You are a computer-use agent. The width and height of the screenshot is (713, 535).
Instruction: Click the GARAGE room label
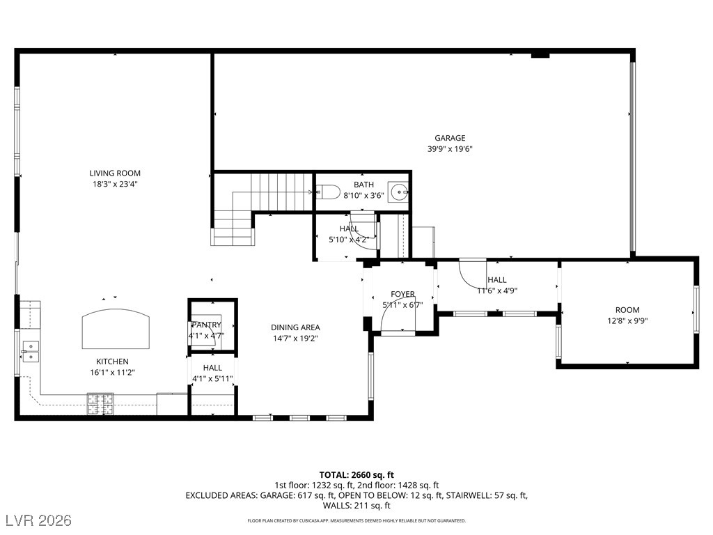pyautogui.click(x=450, y=138)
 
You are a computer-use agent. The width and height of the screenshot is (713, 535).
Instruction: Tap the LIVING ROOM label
pyautogui.click(x=115, y=173)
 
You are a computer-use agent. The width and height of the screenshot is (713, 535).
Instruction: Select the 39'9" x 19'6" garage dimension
pyautogui.click(x=450, y=149)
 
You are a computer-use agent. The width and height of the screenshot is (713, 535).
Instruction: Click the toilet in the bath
pyautogui.click(x=328, y=192)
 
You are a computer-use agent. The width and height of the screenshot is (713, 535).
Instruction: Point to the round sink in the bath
pyautogui.click(x=399, y=192)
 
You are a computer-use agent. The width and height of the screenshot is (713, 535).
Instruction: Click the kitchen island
pyautogui.click(x=116, y=329)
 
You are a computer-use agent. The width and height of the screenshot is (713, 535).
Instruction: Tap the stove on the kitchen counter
pyautogui.click(x=100, y=403)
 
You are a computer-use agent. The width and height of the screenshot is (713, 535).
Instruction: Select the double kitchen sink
pyautogui.click(x=30, y=352)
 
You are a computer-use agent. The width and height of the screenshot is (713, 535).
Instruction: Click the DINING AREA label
pyautogui.click(x=295, y=327)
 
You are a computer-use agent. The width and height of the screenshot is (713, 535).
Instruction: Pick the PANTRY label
pyautogui.click(x=206, y=325)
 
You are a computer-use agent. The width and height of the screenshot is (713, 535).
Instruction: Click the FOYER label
pyautogui.click(x=402, y=295)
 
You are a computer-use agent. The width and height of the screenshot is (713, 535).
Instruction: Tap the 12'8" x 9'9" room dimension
pyautogui.click(x=627, y=320)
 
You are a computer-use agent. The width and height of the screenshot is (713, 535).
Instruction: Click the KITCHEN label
pyautogui.click(x=112, y=362)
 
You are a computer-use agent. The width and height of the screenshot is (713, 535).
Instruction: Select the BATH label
pyautogui.click(x=363, y=185)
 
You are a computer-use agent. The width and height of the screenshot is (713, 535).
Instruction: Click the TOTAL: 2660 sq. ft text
pyautogui.click(x=356, y=475)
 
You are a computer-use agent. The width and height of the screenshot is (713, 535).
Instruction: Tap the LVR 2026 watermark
pyautogui.click(x=39, y=520)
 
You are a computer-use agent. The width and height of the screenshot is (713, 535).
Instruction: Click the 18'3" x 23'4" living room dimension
pyautogui.click(x=115, y=184)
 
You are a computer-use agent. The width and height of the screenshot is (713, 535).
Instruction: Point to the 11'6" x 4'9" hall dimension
pyautogui.click(x=497, y=290)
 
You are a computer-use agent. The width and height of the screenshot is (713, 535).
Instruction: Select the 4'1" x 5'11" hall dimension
pyautogui.click(x=212, y=378)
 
